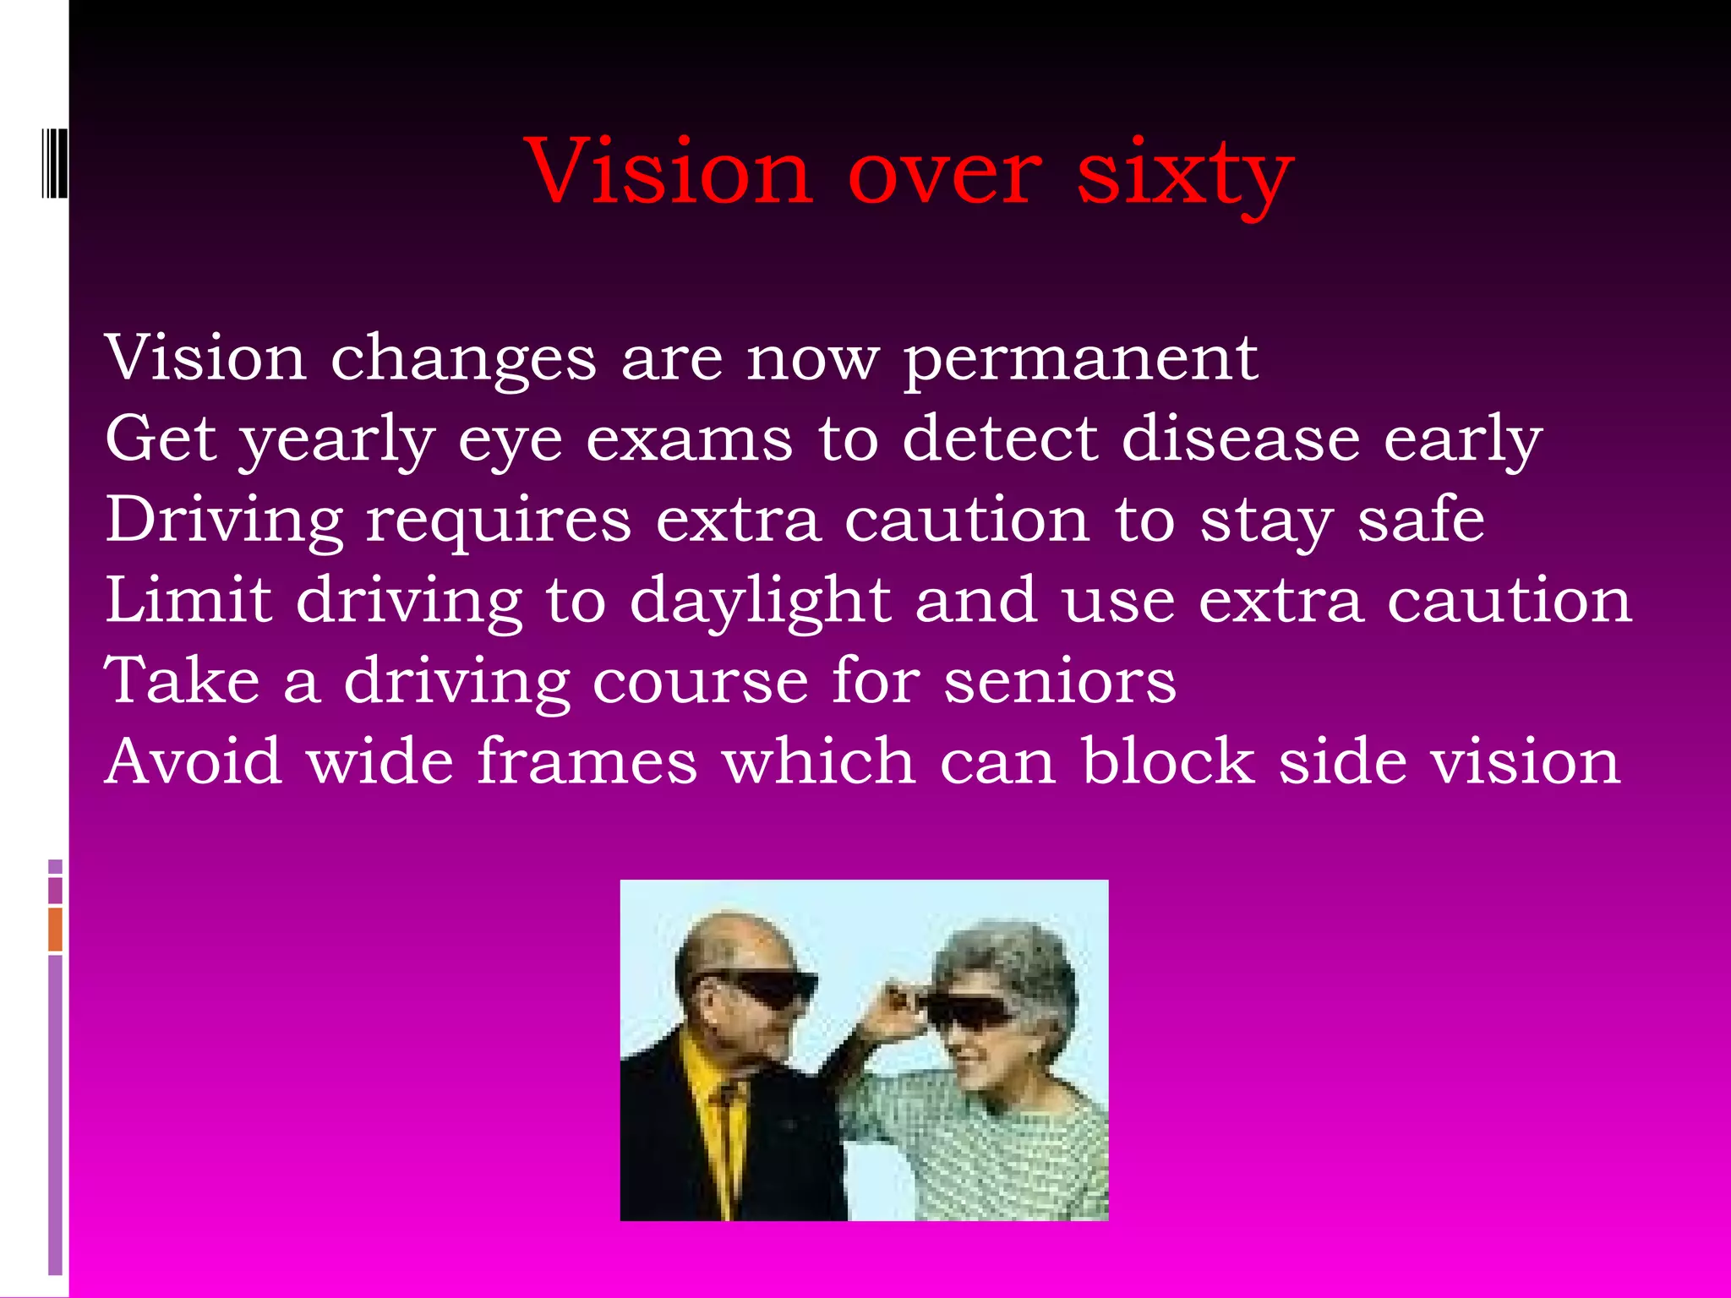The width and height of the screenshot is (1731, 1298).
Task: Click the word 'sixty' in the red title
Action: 1185,173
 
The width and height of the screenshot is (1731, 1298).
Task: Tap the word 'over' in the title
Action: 944,173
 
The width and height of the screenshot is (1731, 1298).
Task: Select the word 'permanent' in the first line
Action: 1081,359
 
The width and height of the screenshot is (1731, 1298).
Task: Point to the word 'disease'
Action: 1240,439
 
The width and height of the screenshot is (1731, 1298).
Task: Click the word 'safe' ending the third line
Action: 1421,520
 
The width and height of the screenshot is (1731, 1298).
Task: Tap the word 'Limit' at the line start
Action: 188,600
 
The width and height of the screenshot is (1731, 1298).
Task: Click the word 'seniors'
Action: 1060,681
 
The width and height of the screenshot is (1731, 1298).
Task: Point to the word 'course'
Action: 701,681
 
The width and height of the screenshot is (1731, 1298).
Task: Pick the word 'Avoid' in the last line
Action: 193,761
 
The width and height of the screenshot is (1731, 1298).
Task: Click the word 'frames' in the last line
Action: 587,761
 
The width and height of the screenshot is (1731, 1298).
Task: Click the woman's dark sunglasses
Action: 968,1010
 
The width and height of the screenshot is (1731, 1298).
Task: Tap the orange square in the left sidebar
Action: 55,929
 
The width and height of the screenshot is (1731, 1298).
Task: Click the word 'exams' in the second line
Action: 690,439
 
